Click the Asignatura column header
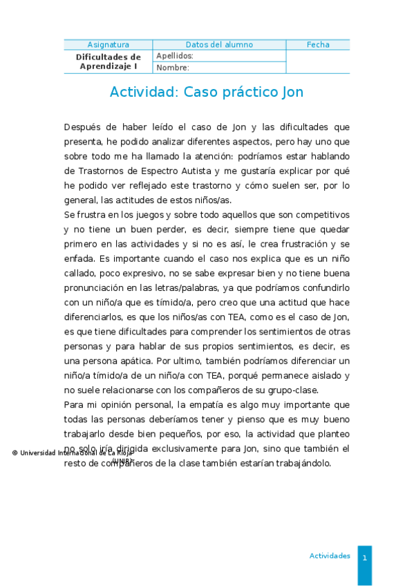point(108,45)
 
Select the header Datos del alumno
point(219,45)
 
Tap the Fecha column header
point(318,45)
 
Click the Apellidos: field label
point(175,56)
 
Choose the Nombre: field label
point(173,68)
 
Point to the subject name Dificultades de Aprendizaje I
point(108,62)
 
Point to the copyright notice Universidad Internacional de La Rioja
point(73,453)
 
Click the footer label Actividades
point(330,556)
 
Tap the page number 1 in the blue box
point(364,557)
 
